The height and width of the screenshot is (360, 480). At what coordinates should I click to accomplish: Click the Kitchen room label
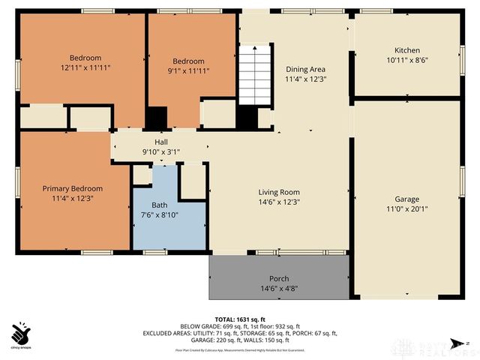click(406, 50)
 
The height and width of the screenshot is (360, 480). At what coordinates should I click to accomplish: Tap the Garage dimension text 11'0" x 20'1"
click(406, 208)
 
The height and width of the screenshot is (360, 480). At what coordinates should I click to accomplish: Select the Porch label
click(278, 279)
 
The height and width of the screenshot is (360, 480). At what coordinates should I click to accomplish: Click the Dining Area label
click(305, 68)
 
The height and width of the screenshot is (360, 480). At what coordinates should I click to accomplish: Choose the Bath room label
click(160, 205)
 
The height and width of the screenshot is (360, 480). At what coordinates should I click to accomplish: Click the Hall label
click(161, 142)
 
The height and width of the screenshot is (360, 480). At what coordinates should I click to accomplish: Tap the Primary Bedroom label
click(72, 189)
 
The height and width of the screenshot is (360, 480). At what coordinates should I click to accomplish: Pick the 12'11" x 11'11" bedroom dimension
click(85, 67)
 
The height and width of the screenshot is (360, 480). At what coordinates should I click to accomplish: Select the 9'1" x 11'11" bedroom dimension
click(188, 71)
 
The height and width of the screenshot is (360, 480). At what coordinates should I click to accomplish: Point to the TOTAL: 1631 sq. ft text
click(240, 317)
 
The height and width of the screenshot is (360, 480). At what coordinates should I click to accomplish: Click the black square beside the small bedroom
click(156, 118)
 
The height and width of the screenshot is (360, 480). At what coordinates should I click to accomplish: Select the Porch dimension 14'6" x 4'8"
click(278, 289)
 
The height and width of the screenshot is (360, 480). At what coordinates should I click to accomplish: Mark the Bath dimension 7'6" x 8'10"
click(160, 215)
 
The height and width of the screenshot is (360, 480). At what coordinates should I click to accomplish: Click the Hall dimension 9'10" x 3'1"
click(161, 152)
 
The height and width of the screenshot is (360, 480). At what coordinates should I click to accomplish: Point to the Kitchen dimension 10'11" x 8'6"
click(406, 60)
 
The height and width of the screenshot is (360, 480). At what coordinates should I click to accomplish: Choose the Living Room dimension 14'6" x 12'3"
click(278, 202)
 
